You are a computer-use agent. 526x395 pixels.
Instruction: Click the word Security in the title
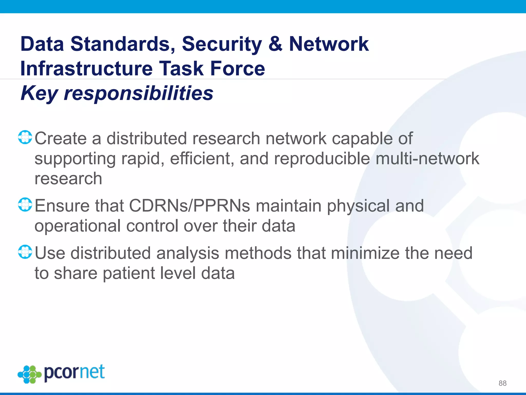pos(222,44)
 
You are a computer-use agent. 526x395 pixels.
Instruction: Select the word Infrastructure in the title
pos(86,69)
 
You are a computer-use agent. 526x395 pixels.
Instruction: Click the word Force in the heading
pos(237,69)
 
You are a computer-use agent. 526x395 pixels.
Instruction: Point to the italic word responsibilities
pos(138,93)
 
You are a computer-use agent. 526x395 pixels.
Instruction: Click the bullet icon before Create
pos(25,137)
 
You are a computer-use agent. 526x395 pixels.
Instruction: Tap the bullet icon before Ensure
pos(25,205)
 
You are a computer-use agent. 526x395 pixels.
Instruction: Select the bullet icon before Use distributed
pos(25,252)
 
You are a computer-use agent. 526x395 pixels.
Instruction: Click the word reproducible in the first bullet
pos(322,159)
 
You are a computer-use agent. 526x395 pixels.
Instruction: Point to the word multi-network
pos(427,159)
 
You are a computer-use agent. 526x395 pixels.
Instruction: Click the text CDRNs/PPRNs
pos(189,206)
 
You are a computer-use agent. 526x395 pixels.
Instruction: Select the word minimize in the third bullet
pos(365,253)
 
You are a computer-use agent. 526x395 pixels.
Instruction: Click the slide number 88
pos(502,383)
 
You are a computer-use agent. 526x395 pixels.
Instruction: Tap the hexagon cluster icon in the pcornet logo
pos(30,374)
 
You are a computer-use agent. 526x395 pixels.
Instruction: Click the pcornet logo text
pos(74,373)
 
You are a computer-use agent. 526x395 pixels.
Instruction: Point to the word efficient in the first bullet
pos(202,159)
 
